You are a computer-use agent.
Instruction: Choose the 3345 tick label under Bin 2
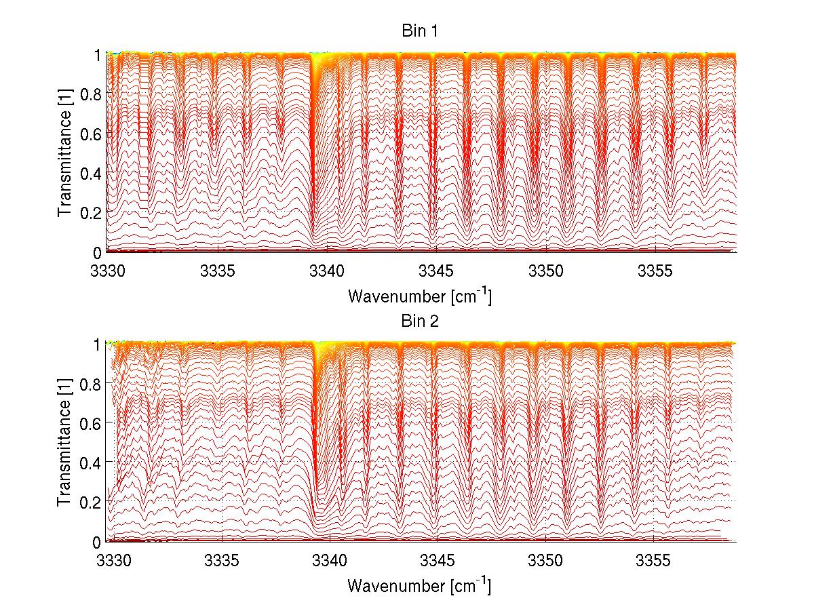click(x=438, y=561)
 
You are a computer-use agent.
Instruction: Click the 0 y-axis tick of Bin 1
click(x=98, y=252)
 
